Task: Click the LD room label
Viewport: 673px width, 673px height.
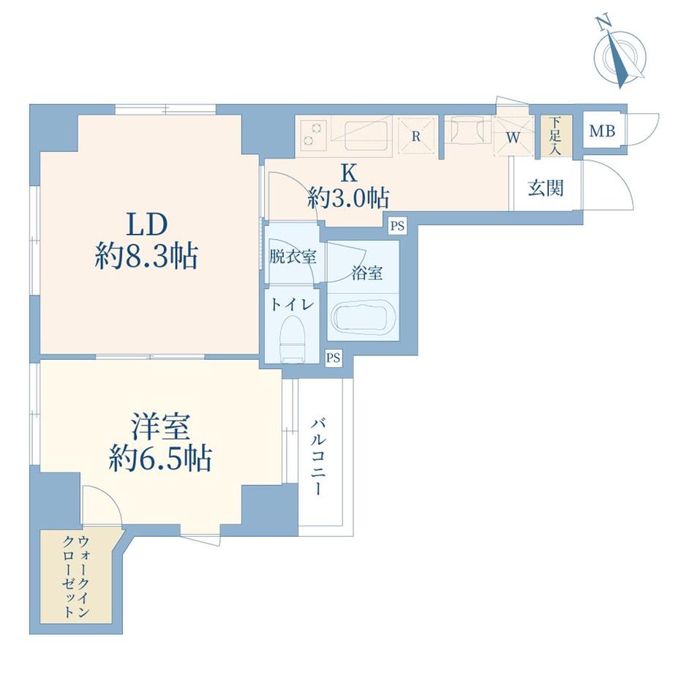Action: [x=149, y=222]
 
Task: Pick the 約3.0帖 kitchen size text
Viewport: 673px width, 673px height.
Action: [x=347, y=198]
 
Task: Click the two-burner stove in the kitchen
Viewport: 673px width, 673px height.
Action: [x=313, y=135]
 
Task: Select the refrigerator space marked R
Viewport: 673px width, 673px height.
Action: [x=416, y=135]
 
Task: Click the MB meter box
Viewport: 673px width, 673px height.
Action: [x=602, y=132]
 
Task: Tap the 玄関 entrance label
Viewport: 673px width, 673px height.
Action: [x=546, y=188]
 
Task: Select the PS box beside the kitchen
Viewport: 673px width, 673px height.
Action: [x=396, y=225]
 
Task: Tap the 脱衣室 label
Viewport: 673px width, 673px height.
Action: [x=293, y=257]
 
